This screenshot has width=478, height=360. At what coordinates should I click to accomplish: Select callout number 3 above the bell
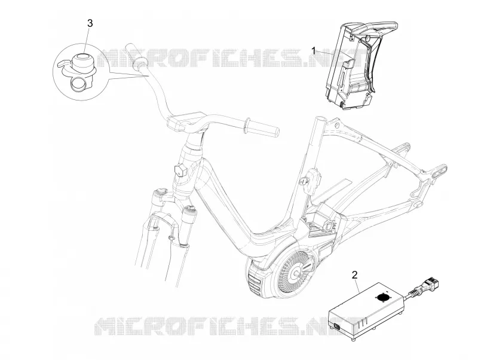90,23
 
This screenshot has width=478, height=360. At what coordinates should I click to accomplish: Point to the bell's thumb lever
63,63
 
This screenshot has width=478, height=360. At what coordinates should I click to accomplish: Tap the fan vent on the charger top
381,297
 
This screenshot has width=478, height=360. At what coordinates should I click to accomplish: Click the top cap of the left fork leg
160,193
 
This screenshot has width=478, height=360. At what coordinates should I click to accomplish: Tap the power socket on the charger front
337,327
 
